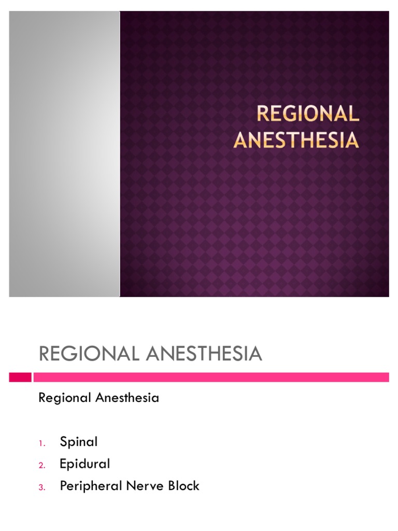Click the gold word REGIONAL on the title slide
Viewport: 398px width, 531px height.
tap(308, 114)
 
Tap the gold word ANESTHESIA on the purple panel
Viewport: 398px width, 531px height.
tap(296, 139)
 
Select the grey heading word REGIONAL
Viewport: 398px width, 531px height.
tap(89, 354)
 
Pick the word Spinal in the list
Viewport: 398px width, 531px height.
tap(79, 442)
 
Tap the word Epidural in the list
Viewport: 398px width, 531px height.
tap(85, 464)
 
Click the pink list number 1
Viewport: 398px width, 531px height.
tap(42, 443)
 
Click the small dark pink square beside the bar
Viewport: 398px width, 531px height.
tap(20, 377)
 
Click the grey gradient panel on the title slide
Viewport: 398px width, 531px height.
tap(64, 154)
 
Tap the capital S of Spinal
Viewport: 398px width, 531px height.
tap(64, 442)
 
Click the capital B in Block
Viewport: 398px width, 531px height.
tap(169, 486)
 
